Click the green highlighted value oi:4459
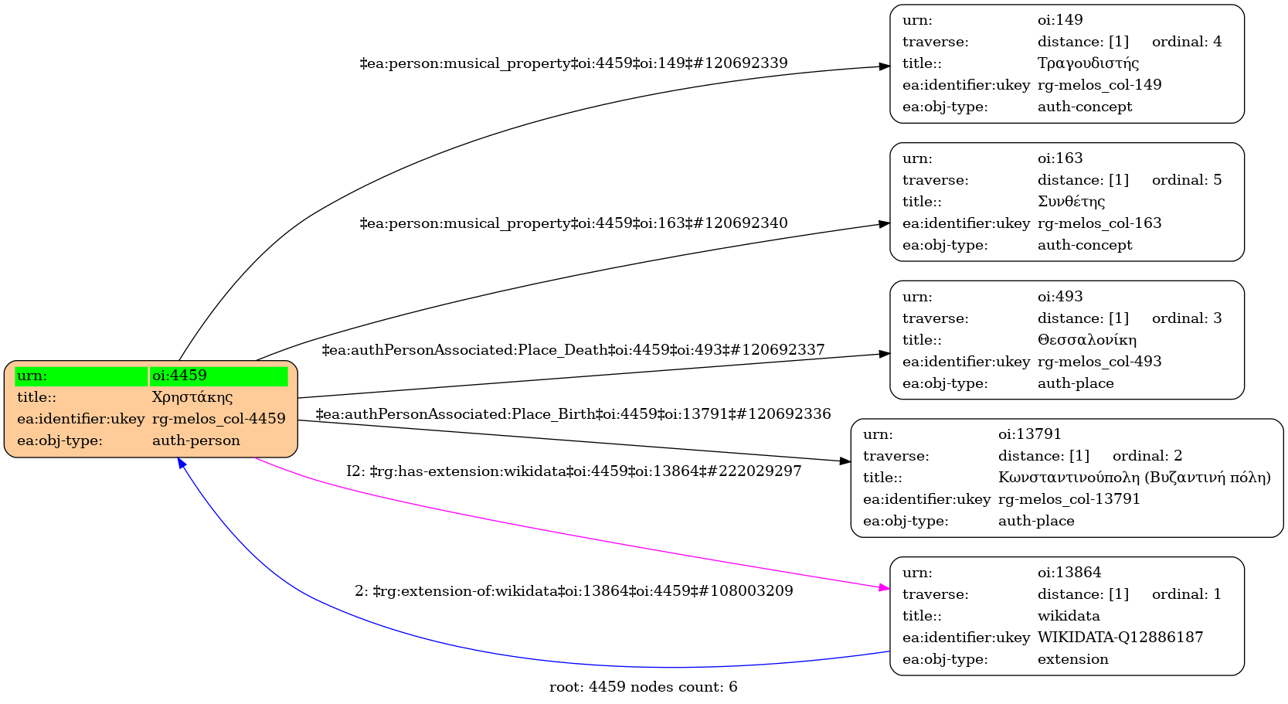click(x=179, y=376)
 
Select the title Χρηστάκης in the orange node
click(x=192, y=397)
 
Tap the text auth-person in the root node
click(x=196, y=440)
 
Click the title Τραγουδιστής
click(x=1088, y=63)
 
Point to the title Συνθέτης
click(x=1071, y=202)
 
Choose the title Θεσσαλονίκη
click(x=1087, y=340)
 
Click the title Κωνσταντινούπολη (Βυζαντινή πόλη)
click(x=1134, y=478)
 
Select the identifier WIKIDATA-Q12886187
click(x=1120, y=638)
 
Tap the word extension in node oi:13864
click(x=1072, y=659)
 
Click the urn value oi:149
click(x=1060, y=20)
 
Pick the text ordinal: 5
click(x=1187, y=180)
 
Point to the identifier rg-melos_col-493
click(x=1099, y=362)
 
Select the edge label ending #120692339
click(x=573, y=63)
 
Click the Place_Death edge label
click(x=573, y=350)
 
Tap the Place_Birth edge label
click(x=573, y=414)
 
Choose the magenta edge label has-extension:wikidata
click(x=573, y=471)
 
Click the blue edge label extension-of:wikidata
click(x=573, y=591)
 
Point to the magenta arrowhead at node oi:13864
click(x=885, y=589)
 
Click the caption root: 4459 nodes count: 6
click(x=643, y=687)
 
